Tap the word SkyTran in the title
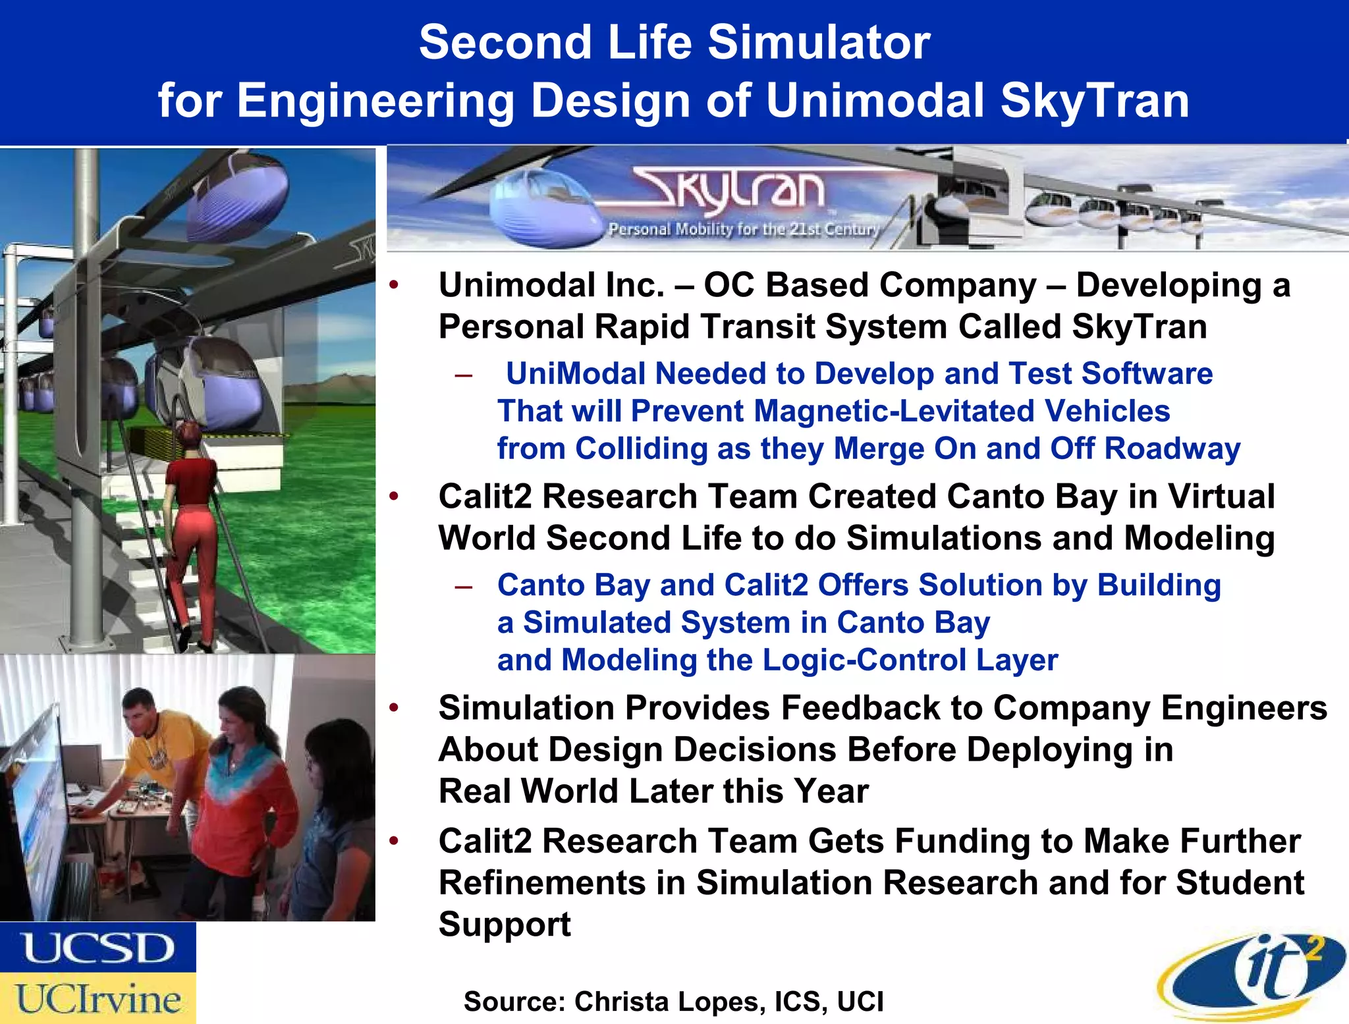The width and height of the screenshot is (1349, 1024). point(1095,101)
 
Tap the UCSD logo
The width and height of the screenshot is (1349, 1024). point(97,948)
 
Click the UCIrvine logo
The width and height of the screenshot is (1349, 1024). point(97,999)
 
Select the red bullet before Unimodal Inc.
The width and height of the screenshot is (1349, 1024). point(394,286)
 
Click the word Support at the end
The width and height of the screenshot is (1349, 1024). point(505,925)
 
